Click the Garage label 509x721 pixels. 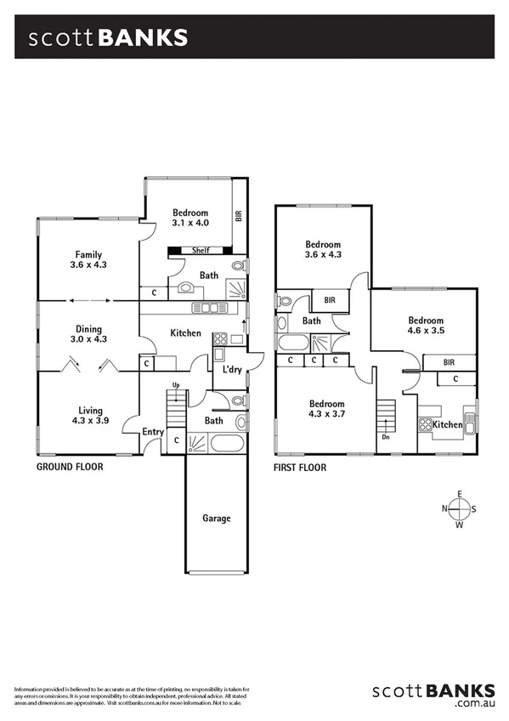216,518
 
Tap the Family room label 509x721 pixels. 89,259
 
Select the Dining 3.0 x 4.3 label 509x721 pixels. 88,334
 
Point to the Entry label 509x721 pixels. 153,432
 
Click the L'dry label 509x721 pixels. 231,370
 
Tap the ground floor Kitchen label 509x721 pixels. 185,332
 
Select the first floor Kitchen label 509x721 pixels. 448,424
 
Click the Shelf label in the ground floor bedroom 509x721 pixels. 201,250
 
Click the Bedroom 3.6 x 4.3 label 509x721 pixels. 323,249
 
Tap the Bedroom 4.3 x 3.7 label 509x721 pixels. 326,408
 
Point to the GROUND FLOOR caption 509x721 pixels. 70,467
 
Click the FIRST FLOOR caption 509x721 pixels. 300,467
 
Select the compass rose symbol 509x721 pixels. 460,508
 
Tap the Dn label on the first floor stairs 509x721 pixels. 385,438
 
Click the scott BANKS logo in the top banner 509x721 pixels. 108,38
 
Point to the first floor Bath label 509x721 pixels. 311,321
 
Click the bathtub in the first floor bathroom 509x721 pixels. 293,343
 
